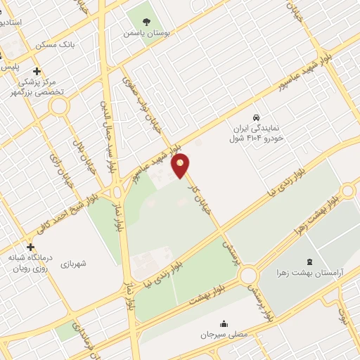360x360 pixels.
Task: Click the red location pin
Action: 181,167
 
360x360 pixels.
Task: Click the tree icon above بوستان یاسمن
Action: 146,20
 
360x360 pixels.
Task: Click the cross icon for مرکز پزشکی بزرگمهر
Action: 37,71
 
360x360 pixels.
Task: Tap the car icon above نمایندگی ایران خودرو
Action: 257,117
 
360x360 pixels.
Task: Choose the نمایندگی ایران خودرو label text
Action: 257,134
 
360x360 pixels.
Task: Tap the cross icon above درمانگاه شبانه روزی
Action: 30,247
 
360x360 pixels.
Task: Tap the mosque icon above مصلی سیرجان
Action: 224,323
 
